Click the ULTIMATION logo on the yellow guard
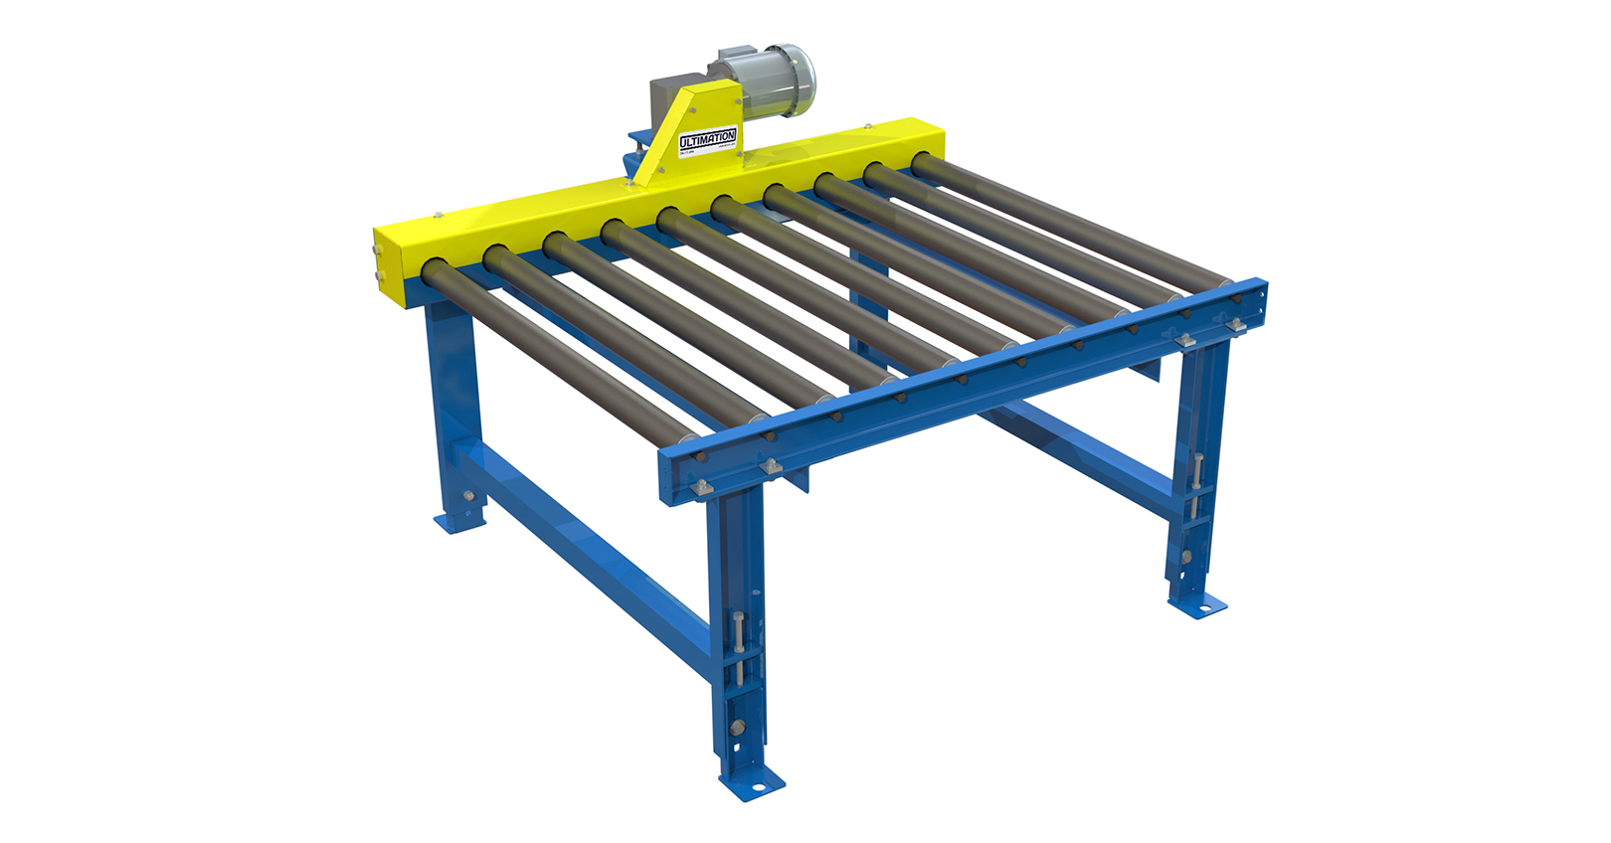pyautogui.click(x=707, y=140)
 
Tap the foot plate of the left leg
pyautogui.click(x=458, y=521)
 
